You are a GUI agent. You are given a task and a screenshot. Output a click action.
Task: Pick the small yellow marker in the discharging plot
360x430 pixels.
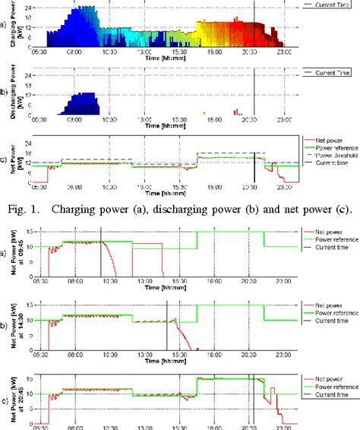[204, 112]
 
